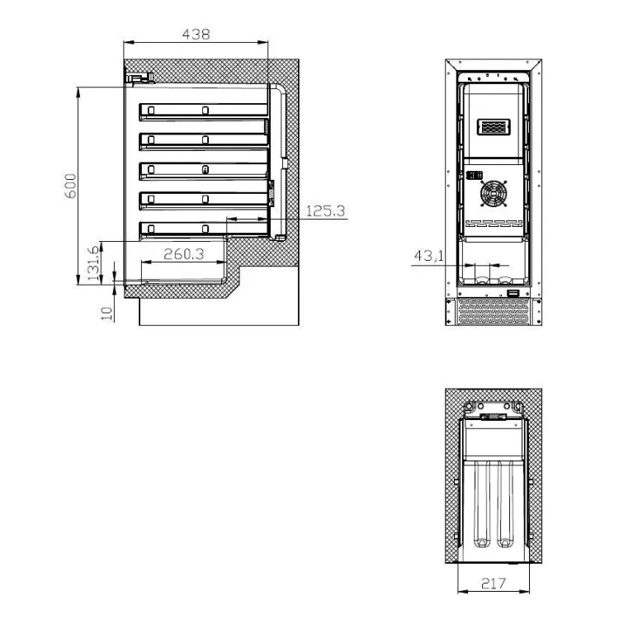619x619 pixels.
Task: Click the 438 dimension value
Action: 196,35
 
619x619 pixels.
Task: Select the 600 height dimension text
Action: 70,186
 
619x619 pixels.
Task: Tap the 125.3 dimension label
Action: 325,211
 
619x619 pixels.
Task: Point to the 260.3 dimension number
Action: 184,254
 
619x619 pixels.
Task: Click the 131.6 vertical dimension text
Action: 92,263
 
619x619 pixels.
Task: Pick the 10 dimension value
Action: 106,313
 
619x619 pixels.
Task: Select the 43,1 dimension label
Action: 428,256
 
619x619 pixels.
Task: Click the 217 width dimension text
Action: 494,583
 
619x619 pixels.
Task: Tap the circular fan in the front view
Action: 493,193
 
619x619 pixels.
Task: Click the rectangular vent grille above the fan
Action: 494,127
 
